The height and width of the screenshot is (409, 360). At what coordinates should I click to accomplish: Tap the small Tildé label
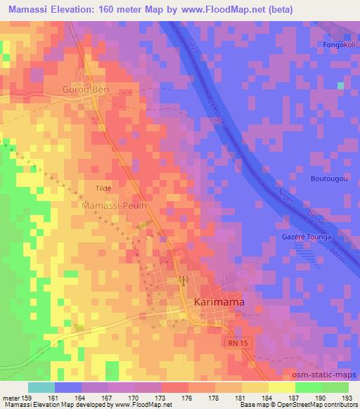click(103, 188)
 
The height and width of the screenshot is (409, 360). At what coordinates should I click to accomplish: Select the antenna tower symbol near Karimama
click(183, 280)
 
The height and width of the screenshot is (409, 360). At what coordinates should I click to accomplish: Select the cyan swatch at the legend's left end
click(41, 387)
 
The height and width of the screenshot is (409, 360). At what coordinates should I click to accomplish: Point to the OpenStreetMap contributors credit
click(316, 405)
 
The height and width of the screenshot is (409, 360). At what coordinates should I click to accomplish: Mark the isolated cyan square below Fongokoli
click(340, 86)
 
